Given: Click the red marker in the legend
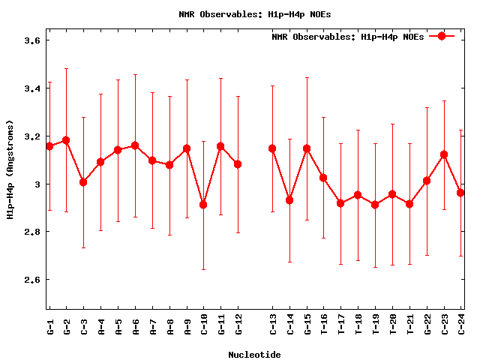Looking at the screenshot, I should coord(442,36).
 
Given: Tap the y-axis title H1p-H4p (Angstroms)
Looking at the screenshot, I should coord(10,169).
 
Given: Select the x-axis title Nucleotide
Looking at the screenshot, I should coord(255,354).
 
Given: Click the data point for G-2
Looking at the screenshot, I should coord(66,140).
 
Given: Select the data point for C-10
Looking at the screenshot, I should coord(203,205).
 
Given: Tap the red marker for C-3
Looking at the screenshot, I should coord(83,182).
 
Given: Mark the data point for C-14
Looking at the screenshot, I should coord(289,200).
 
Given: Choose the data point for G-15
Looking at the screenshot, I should coord(307,148).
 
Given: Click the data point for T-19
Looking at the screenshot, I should coord(375,205).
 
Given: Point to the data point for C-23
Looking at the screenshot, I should coord(444,154).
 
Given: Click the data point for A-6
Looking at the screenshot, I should coord(135,145).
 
